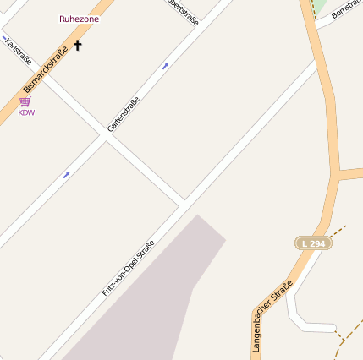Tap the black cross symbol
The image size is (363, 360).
point(78,45)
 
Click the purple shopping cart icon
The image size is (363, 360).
point(25,101)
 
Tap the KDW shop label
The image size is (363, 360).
point(26,112)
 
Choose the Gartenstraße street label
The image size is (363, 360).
point(124,114)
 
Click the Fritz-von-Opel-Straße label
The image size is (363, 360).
point(129,266)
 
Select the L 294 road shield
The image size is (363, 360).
point(313,243)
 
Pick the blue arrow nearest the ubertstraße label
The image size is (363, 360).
point(165,64)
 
